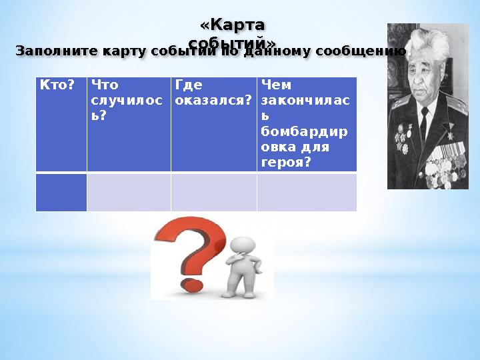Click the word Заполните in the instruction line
pyautogui.click(x=52, y=51)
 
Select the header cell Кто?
pyautogui.click(x=61, y=124)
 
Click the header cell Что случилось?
pyautogui.click(x=129, y=124)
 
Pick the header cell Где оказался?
pyautogui.click(x=213, y=124)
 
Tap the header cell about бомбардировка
pyautogui.click(x=307, y=124)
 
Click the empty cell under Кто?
pyautogui.click(x=61, y=193)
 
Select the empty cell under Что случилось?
pyautogui.click(x=129, y=193)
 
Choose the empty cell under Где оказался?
pyautogui.click(x=213, y=193)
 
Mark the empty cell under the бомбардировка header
pyautogui.click(x=307, y=193)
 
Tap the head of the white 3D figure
pyautogui.click(x=241, y=244)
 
